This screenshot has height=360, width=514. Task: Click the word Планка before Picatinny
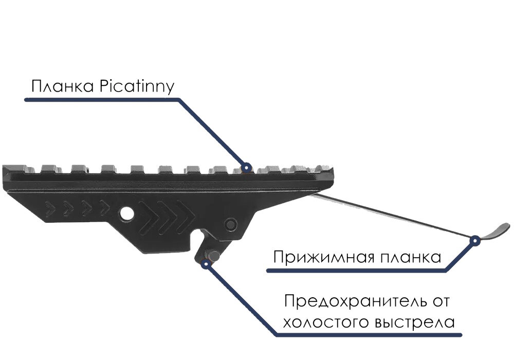60,86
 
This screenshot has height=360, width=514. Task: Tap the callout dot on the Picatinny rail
246,167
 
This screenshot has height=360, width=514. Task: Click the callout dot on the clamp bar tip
475,239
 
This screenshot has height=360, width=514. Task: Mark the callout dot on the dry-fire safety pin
206,264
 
